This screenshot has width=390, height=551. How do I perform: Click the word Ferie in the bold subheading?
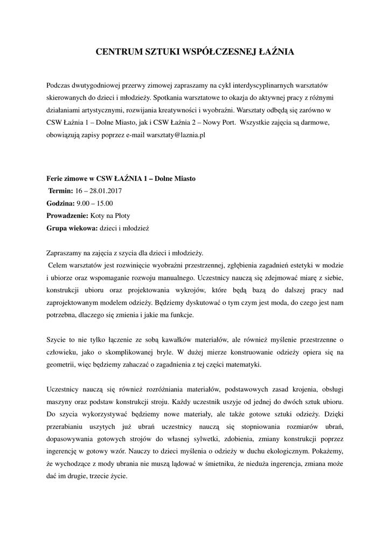coord(56,178)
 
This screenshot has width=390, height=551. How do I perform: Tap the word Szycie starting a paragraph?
coord(57,340)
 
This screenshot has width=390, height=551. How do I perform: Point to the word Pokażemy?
coord(328,451)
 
